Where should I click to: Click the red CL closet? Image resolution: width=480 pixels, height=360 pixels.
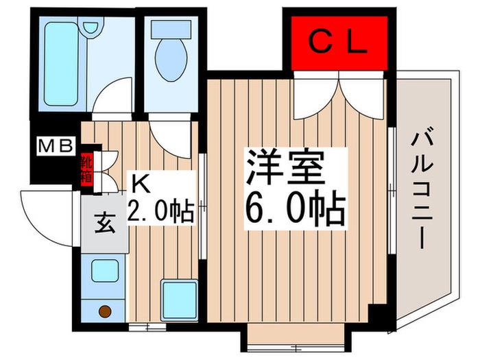[339, 43]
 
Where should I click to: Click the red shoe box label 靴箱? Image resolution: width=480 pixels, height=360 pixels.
[86, 169]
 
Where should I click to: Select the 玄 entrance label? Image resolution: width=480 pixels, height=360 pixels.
[105, 223]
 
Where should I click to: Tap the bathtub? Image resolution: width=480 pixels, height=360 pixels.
[61, 64]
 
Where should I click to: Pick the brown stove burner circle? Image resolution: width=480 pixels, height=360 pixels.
[105, 311]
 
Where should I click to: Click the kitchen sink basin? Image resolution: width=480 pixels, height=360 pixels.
[105, 271]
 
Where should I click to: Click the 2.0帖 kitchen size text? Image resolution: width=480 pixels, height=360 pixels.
[160, 211]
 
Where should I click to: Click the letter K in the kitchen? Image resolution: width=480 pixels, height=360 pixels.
[141, 184]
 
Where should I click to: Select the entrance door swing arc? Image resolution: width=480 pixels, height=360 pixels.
[37, 227]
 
